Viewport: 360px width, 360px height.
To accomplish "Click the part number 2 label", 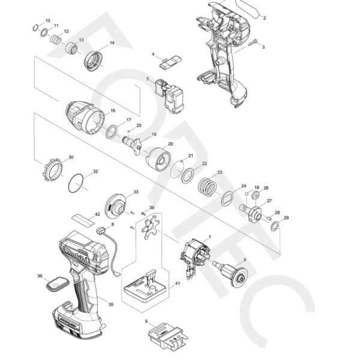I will click(264, 18).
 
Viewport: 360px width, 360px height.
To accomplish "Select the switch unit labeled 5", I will click(172, 94).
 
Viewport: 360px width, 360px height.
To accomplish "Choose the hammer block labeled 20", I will click(158, 157).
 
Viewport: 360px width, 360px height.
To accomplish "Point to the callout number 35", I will click(110, 305).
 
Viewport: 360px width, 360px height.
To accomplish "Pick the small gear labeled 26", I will click(255, 196).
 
